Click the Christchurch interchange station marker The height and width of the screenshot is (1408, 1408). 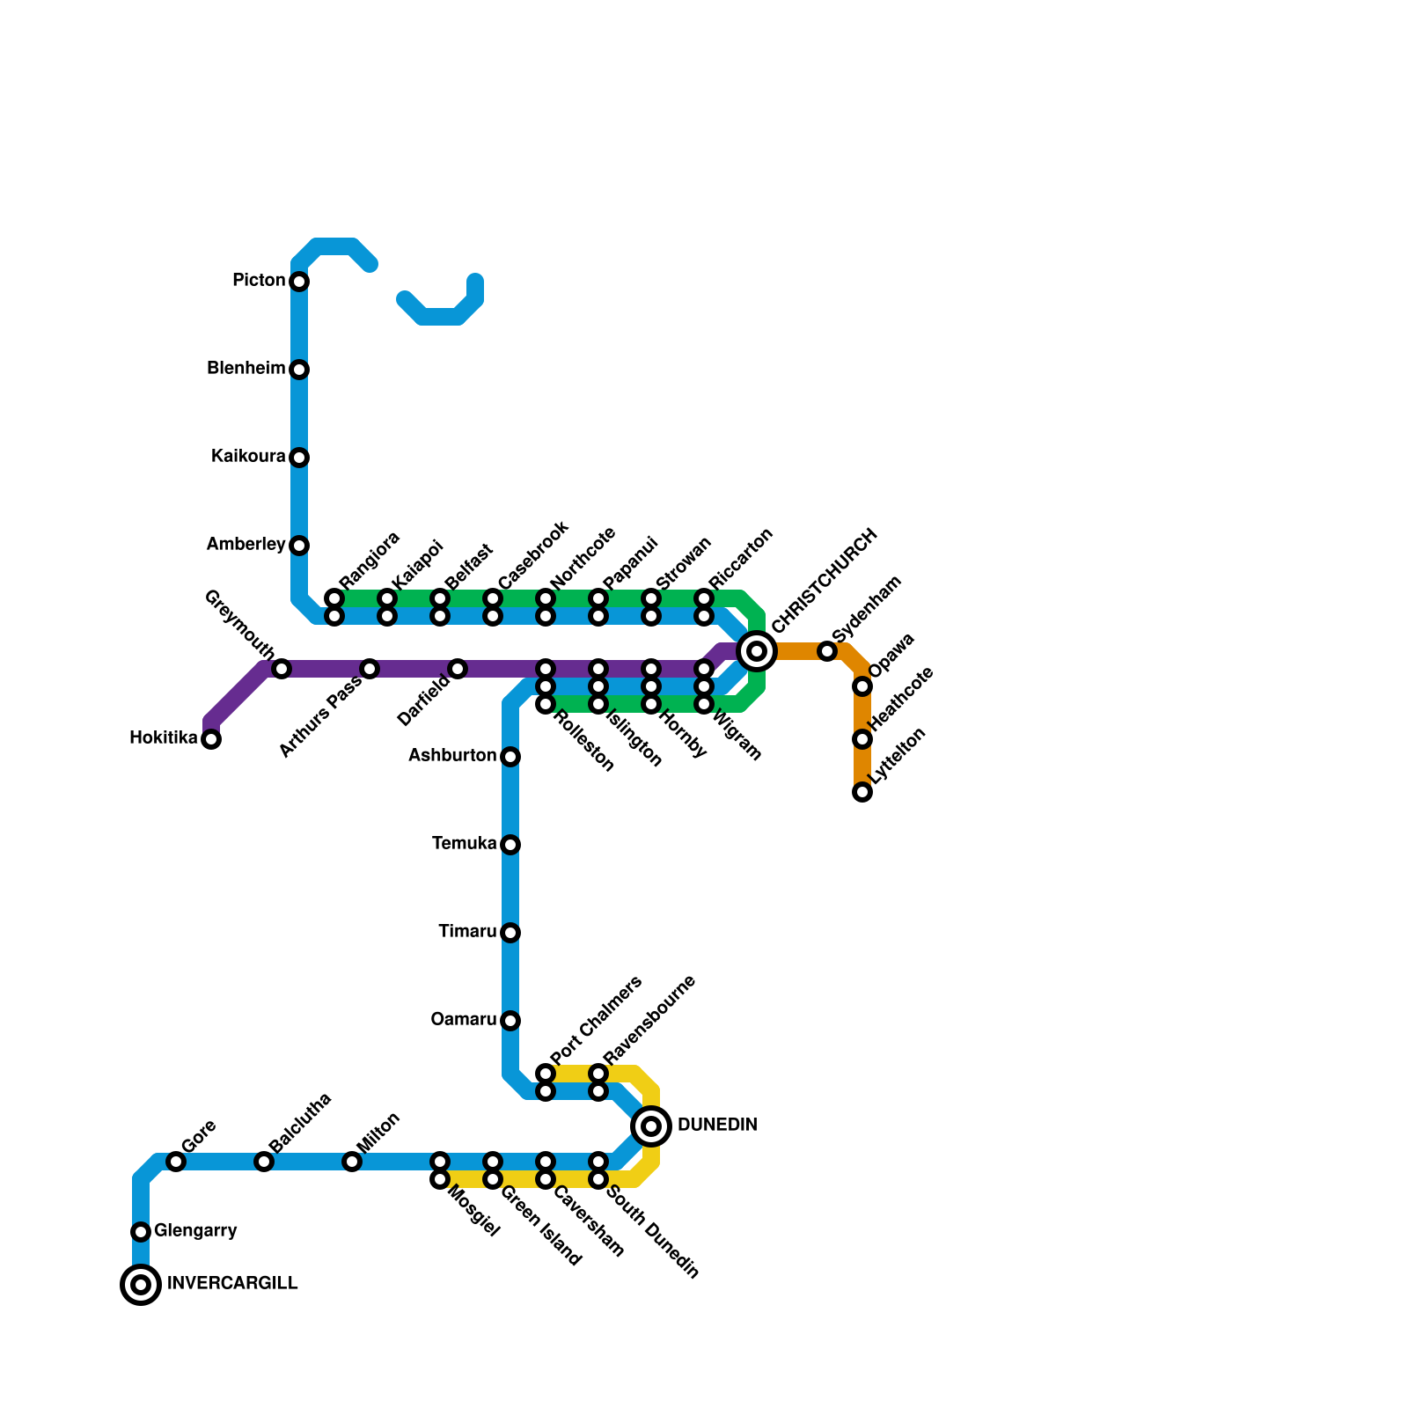[757, 651]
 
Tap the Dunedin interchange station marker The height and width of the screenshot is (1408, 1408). [651, 1126]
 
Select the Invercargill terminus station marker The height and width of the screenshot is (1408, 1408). [141, 1285]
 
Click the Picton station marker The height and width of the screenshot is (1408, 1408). [299, 282]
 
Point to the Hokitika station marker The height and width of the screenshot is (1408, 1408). [211, 739]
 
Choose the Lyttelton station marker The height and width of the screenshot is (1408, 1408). [862, 792]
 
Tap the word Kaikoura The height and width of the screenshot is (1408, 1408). [248, 457]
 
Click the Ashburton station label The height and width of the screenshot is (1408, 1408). [452, 756]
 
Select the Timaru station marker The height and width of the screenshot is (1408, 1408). [510, 933]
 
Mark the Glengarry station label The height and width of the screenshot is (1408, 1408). [195, 1231]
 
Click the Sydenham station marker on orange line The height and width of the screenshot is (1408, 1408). [827, 651]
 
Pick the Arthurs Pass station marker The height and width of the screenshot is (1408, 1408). [370, 669]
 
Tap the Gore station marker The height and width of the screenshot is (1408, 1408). [176, 1162]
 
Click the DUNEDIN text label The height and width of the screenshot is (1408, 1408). [717, 1126]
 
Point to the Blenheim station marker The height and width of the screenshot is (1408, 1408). [299, 370]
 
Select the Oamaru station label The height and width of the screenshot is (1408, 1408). [463, 1020]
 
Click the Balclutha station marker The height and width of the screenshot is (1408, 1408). [264, 1162]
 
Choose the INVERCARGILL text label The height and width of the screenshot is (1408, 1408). [232, 1284]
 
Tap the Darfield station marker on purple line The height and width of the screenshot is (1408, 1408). [458, 669]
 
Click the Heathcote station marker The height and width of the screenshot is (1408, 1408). [862, 739]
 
